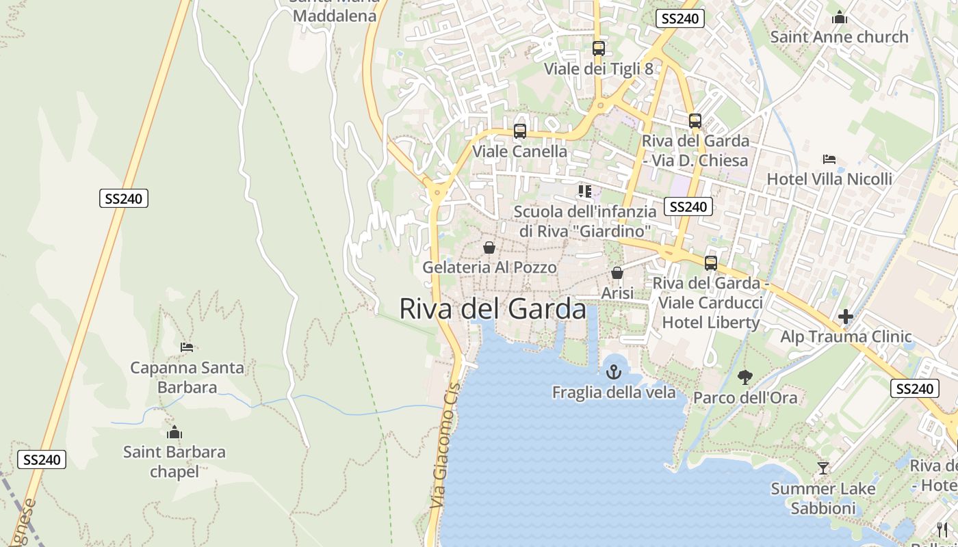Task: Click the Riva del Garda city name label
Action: point(493,309)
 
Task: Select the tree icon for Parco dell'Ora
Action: point(745,377)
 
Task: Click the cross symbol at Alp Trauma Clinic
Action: point(846,317)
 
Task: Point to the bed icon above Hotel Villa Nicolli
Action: point(829,159)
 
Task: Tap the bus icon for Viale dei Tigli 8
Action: point(599,49)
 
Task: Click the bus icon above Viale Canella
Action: point(520,131)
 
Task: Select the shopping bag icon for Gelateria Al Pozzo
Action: point(489,248)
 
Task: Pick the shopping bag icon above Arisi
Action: point(617,273)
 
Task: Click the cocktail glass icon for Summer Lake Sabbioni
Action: point(823,468)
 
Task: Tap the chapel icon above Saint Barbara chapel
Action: point(174,432)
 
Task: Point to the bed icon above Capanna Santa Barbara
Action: point(187,347)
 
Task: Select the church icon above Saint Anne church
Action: point(840,17)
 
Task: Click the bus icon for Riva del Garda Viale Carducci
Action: point(711,263)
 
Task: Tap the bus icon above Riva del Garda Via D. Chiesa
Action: point(695,121)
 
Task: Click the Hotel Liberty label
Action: point(711,323)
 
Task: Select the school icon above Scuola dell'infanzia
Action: point(584,191)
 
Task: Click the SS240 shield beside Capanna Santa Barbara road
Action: point(123,199)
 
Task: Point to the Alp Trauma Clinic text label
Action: point(846,336)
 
